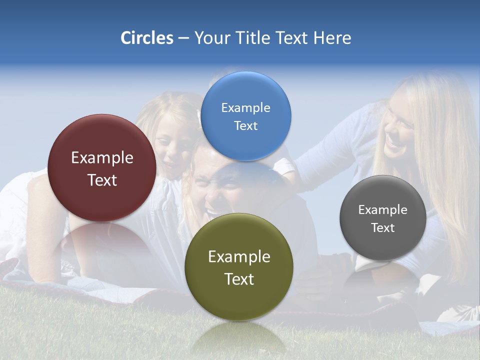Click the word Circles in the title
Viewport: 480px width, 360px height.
click(x=146, y=38)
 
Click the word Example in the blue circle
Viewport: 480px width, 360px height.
click(x=245, y=107)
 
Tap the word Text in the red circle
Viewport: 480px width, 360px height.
click(x=102, y=180)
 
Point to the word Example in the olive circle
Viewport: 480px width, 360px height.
click(x=239, y=256)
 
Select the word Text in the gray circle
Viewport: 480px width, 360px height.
click(x=383, y=227)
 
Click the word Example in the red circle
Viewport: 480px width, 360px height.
click(x=102, y=157)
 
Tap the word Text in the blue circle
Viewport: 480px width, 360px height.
click(x=245, y=125)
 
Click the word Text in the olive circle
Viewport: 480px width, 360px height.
click(x=239, y=279)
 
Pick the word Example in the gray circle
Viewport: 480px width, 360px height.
click(x=383, y=209)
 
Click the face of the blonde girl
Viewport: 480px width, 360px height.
click(x=172, y=145)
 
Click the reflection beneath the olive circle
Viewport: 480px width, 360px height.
click(x=239, y=337)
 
